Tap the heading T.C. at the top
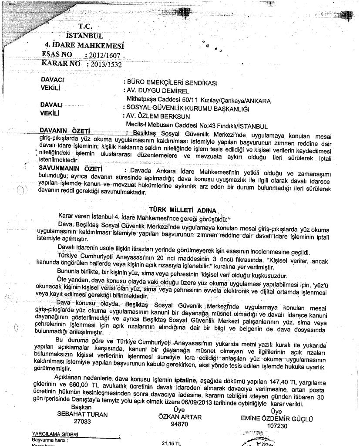[85, 26]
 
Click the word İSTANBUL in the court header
[84, 35]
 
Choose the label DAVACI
[52, 80]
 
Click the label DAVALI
[51, 105]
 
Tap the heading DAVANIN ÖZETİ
[64, 130]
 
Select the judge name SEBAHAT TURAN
[82, 415]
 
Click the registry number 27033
[82, 422]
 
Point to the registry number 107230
[277, 426]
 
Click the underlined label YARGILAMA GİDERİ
[54, 434]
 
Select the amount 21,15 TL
[171, 443]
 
